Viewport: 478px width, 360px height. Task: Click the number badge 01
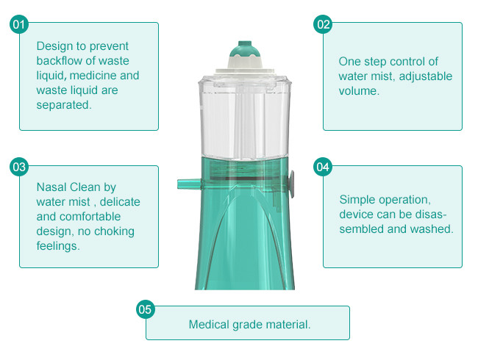19,24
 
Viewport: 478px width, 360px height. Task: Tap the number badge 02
324,24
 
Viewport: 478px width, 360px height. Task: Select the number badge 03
19,167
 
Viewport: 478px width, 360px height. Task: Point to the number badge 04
324,167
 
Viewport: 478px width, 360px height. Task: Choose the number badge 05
146,309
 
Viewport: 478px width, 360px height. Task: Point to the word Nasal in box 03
52,187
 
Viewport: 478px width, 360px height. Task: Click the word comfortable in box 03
89,217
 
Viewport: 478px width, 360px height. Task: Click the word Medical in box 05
209,324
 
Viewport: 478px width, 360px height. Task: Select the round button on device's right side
292,180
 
